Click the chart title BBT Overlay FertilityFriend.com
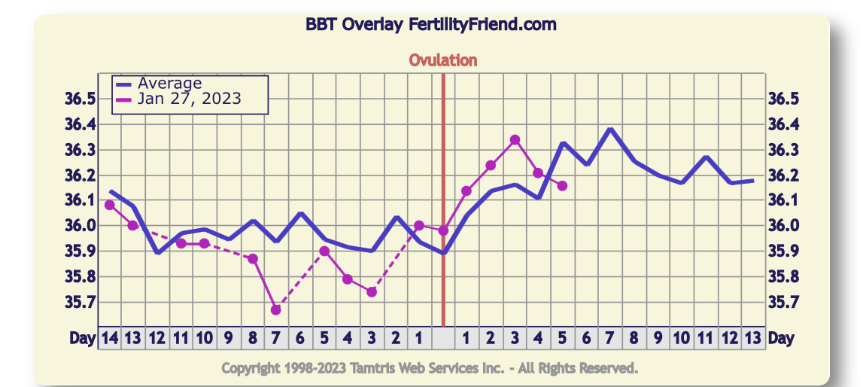431,24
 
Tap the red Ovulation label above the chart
442,60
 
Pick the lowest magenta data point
275,310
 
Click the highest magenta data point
515,140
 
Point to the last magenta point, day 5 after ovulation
562,186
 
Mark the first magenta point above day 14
110,205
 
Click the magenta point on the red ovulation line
443,230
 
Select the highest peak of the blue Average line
610,130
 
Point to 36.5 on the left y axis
81,99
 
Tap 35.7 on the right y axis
783,302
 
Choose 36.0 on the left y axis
81,226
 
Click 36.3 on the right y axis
783,150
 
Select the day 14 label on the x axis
110,338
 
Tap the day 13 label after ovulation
752,338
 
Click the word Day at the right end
781,338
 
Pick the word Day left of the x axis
83,338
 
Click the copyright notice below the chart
430,367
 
